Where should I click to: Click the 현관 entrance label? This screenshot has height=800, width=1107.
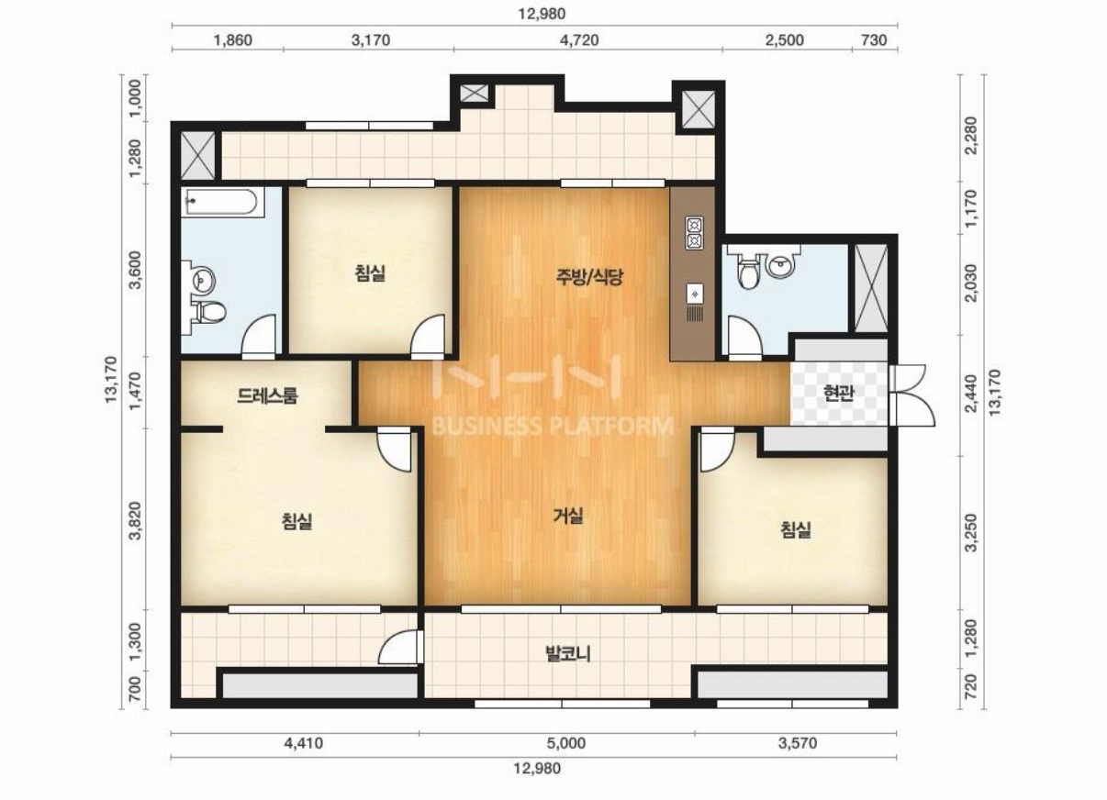pyautogui.click(x=839, y=393)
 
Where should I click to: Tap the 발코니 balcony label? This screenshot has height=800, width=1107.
pyautogui.click(x=568, y=655)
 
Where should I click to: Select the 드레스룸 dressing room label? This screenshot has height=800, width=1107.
pyautogui.click(x=267, y=395)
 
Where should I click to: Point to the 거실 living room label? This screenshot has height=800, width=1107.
pyautogui.click(x=568, y=516)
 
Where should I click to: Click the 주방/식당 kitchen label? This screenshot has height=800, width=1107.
pyautogui.click(x=589, y=277)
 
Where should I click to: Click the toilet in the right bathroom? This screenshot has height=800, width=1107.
pyautogui.click(x=748, y=270)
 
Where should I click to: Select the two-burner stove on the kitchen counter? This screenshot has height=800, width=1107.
pyautogui.click(x=694, y=233)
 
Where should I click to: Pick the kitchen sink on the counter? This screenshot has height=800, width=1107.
pyautogui.click(x=694, y=294)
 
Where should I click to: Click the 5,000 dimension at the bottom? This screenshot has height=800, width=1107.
pyautogui.click(x=565, y=743)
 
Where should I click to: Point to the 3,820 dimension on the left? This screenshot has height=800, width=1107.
pyautogui.click(x=136, y=521)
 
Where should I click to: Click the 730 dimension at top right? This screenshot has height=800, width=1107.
pyautogui.click(x=874, y=40)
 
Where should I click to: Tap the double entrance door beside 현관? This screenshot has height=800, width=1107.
pyautogui.click(x=911, y=395)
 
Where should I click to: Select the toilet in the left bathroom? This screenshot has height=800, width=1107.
pyautogui.click(x=210, y=312)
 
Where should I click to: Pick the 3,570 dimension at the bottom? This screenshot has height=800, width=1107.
pyautogui.click(x=798, y=743)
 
